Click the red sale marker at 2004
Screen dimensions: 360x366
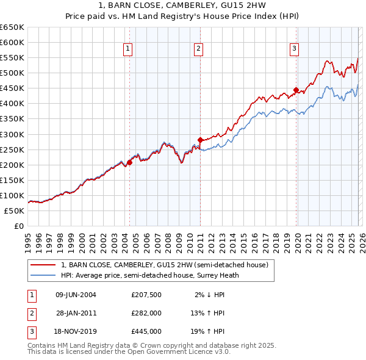coord(129,163)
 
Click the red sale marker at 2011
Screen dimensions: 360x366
coord(200,140)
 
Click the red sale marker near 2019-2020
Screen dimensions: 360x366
coord(296,90)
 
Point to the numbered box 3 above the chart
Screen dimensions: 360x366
coord(295,49)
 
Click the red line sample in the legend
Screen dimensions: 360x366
coord(43,265)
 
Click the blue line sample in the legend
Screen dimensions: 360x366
coord(43,275)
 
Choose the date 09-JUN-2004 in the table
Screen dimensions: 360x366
coord(76,295)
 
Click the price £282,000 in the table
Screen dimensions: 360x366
coord(146,313)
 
